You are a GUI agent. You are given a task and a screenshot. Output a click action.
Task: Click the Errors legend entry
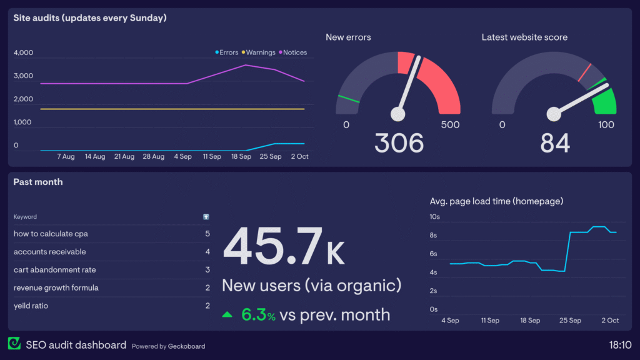[x=227, y=52]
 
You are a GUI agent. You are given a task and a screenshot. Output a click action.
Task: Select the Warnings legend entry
[x=259, y=52]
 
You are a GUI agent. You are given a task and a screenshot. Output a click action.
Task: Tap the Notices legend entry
[x=294, y=52]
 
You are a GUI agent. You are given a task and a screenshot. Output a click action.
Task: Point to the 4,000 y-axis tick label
[x=24, y=53]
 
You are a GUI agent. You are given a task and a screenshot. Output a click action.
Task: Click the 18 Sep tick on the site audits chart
[x=241, y=156]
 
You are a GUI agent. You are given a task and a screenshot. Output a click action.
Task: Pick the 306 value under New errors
[x=399, y=143]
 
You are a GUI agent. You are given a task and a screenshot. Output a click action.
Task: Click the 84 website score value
[x=555, y=143]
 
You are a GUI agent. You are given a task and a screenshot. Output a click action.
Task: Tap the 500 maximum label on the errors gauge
[x=450, y=125]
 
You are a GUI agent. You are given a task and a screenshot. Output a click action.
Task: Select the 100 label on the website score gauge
[x=606, y=125]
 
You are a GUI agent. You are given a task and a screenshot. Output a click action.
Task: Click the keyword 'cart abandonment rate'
[x=55, y=270]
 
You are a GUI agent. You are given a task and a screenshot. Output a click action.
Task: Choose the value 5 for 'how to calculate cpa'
[x=207, y=234]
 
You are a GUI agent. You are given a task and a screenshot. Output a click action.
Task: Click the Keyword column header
[x=25, y=217]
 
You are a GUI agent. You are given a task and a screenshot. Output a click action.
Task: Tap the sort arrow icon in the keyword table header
[x=206, y=217]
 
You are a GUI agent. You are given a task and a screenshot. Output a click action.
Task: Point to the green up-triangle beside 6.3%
[x=227, y=315]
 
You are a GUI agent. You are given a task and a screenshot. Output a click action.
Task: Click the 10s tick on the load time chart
[x=434, y=217]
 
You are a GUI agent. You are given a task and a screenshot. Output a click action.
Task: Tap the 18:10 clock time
[x=620, y=344]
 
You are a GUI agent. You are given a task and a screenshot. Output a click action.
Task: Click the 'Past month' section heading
[x=38, y=182]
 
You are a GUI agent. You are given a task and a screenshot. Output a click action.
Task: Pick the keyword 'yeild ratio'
[x=31, y=306]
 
